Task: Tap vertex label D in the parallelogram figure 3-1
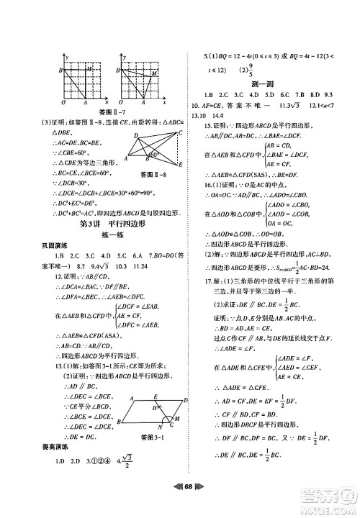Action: pyautogui.click(x=186, y=399)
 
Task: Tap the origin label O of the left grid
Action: pyautogui.click(x=62, y=102)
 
